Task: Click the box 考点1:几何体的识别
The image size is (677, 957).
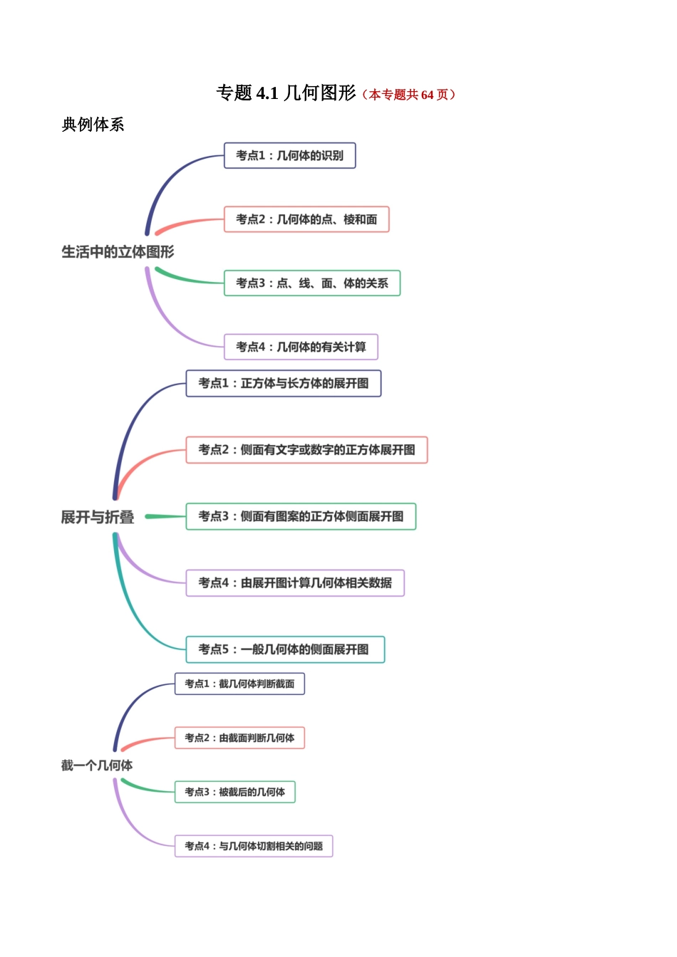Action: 289,155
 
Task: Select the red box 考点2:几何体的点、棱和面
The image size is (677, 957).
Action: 306,219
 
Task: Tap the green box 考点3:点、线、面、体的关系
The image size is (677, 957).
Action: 311,283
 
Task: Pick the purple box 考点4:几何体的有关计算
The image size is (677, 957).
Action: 301,347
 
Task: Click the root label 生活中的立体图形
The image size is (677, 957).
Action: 118,251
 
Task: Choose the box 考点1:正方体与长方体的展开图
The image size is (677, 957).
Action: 283,383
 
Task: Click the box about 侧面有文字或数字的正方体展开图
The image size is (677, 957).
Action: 306,450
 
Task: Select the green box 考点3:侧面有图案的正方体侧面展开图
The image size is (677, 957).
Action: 301,516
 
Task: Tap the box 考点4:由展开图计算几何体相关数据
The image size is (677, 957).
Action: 295,582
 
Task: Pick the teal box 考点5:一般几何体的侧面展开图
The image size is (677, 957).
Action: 285,649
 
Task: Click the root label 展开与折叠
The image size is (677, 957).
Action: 98,517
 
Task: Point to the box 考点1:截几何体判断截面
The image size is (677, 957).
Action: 239,684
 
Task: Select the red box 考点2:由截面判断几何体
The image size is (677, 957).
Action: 239,738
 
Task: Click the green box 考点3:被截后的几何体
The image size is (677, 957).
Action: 234,792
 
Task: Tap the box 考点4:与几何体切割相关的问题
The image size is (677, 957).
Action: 254,846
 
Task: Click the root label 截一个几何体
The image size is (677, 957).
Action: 97,765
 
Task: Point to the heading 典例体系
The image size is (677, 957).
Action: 93,125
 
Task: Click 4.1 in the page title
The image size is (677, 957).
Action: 267,93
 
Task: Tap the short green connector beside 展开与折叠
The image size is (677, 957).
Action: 166,516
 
